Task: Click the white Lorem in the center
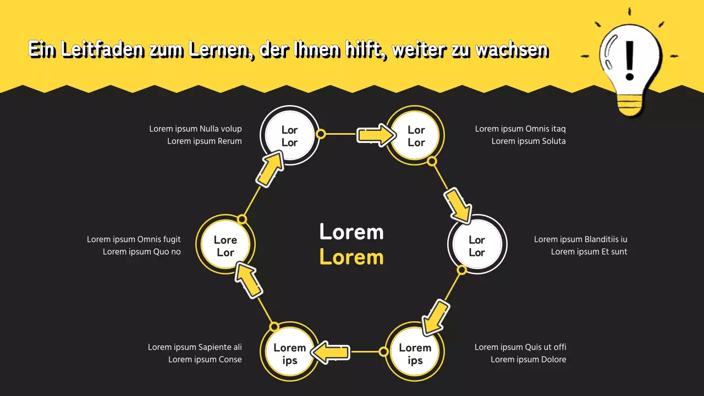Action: tap(351, 232)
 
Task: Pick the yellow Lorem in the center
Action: tap(351, 257)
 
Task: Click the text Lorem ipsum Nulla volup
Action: tap(195, 129)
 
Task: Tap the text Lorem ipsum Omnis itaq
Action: tap(520, 129)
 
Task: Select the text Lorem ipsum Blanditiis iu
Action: tap(580, 239)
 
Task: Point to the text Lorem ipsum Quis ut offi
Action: tap(520, 347)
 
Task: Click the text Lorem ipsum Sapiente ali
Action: tap(195, 347)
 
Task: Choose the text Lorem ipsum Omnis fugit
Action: tap(134, 239)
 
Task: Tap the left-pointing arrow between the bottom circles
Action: tap(331, 351)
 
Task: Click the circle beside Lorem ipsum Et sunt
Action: tap(477, 245)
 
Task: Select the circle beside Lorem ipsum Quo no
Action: tap(226, 245)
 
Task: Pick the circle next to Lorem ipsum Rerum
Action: tap(289, 136)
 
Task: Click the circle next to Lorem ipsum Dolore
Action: tap(415, 353)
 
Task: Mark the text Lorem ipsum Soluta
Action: tap(529, 141)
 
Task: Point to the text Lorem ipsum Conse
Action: tap(205, 360)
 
